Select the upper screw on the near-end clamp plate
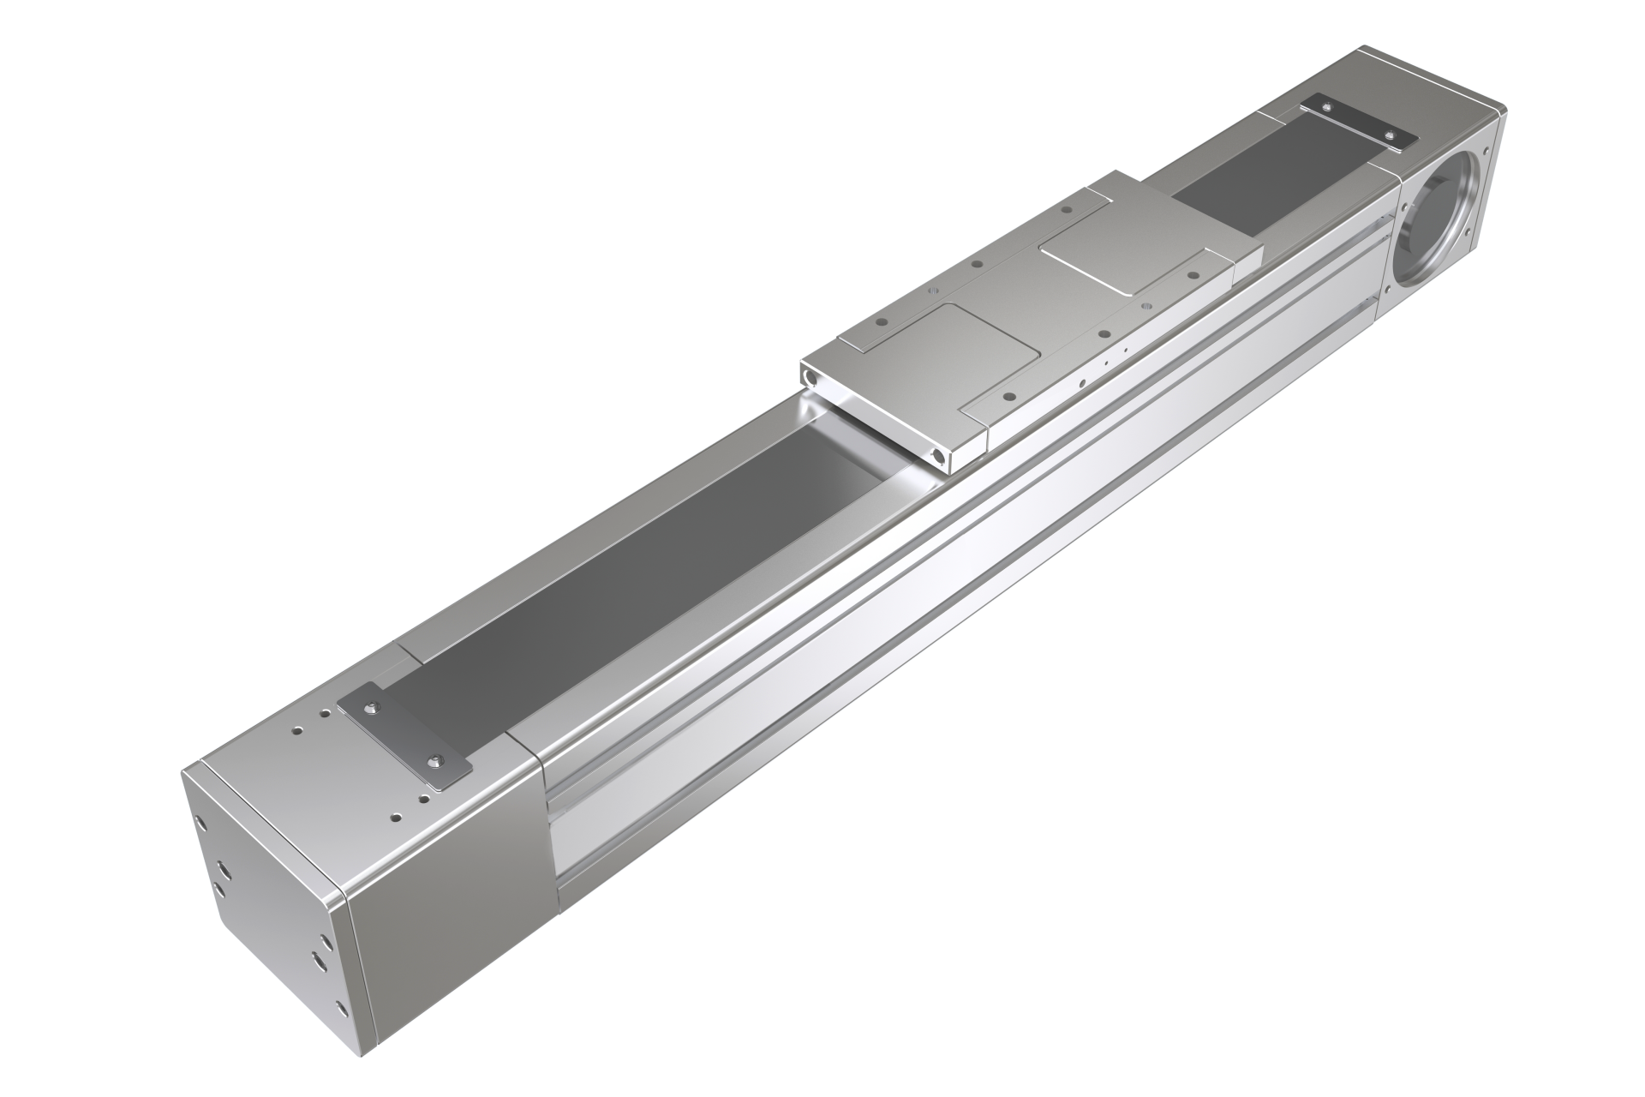(x=373, y=707)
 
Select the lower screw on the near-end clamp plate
(x=439, y=760)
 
